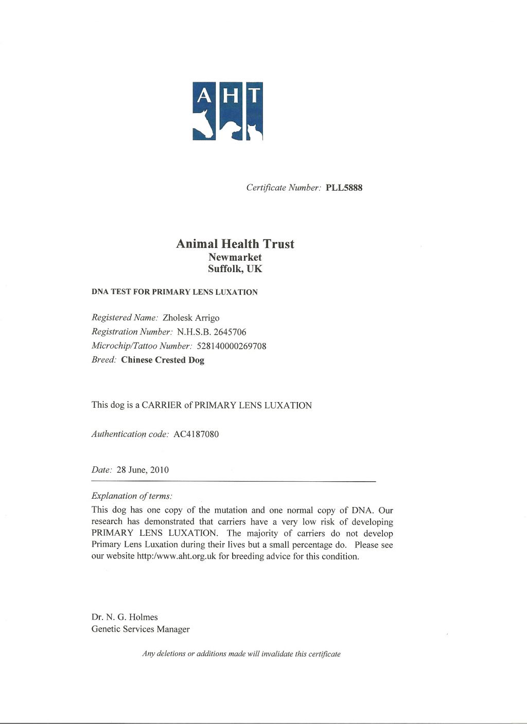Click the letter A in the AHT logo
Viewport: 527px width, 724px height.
[x=204, y=95]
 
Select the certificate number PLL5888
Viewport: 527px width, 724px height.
[x=344, y=188]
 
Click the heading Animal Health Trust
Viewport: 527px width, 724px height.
[x=235, y=244]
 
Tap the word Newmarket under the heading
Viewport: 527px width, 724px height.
[x=235, y=257]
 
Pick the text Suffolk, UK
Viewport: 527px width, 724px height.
[x=235, y=269]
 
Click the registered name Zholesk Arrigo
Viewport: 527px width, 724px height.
[x=191, y=318]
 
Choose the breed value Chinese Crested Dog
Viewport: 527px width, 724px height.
[x=163, y=360]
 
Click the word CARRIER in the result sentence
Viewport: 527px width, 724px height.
[x=162, y=405]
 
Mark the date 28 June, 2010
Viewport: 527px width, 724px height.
[x=143, y=470]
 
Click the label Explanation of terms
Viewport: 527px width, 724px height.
[x=131, y=496]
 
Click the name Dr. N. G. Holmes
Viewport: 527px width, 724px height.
[x=125, y=617]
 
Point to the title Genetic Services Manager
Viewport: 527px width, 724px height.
[x=140, y=629]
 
